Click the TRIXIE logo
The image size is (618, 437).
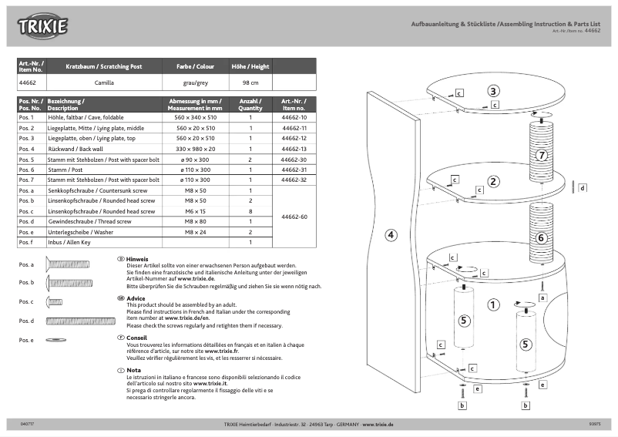pos(43,27)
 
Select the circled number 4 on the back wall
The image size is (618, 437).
pos(391,235)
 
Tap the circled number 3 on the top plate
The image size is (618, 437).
pos(493,91)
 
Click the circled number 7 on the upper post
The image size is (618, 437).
pos(542,155)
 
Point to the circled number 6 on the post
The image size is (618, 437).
pos(541,237)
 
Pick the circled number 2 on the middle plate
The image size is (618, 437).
pos(493,183)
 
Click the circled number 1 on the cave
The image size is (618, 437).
pos(493,304)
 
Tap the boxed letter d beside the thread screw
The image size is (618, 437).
pos(583,187)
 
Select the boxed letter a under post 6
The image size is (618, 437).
pos(542,297)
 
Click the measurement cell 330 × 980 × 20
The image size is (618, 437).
pos(196,148)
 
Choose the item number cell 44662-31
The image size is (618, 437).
pos(294,169)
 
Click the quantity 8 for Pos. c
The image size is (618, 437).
pos(250,210)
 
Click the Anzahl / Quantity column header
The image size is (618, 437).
pos(250,104)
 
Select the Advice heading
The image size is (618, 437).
pos(135,298)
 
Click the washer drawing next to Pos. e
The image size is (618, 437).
pos(56,339)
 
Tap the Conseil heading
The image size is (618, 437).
pos(136,338)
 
